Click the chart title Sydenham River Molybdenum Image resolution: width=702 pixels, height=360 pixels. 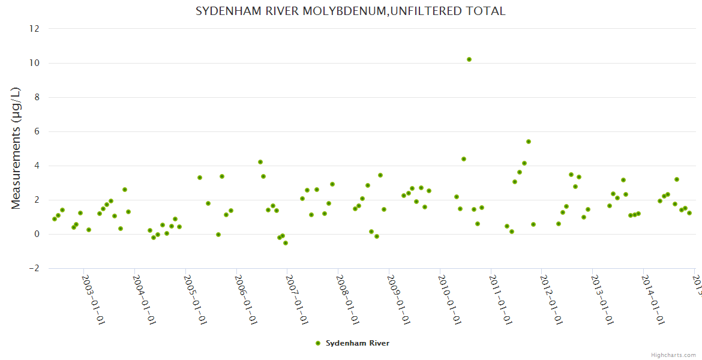point(350,11)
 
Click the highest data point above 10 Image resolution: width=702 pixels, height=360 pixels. point(469,59)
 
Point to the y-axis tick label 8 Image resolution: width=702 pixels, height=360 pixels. point(37,97)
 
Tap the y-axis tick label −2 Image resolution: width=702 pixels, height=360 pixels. point(34,268)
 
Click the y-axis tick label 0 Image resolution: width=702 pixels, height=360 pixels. point(37,234)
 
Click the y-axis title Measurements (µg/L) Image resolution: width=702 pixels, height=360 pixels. point(16,148)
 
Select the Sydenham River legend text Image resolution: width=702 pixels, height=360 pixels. point(358,343)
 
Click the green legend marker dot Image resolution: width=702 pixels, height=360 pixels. point(318,343)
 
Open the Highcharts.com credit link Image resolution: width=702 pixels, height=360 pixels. point(673,355)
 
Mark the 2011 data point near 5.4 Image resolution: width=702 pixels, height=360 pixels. point(529,142)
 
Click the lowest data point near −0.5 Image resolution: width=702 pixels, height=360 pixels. point(286,243)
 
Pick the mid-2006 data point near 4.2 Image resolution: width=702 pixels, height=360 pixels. point(260,162)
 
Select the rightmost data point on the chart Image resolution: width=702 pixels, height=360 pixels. point(689,213)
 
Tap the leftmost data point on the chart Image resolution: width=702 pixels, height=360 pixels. point(55,219)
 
